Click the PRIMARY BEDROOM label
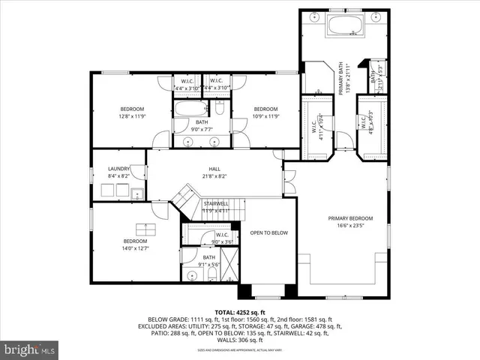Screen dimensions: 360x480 (x=349, y=218)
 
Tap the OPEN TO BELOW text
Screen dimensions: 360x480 (x=268, y=232)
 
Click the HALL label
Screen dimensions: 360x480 (x=214, y=169)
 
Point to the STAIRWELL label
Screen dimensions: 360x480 (x=215, y=203)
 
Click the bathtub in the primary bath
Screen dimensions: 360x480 (x=345, y=25)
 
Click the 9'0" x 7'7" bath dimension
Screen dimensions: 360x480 (x=202, y=129)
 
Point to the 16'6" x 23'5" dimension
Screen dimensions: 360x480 (x=349, y=225)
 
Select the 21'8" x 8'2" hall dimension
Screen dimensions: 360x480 (x=214, y=175)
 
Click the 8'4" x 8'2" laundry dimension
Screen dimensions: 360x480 (x=119, y=175)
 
